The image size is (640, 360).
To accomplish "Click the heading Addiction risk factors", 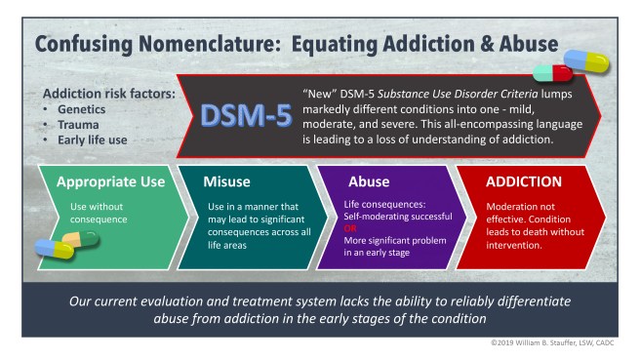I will (x=102, y=95).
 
